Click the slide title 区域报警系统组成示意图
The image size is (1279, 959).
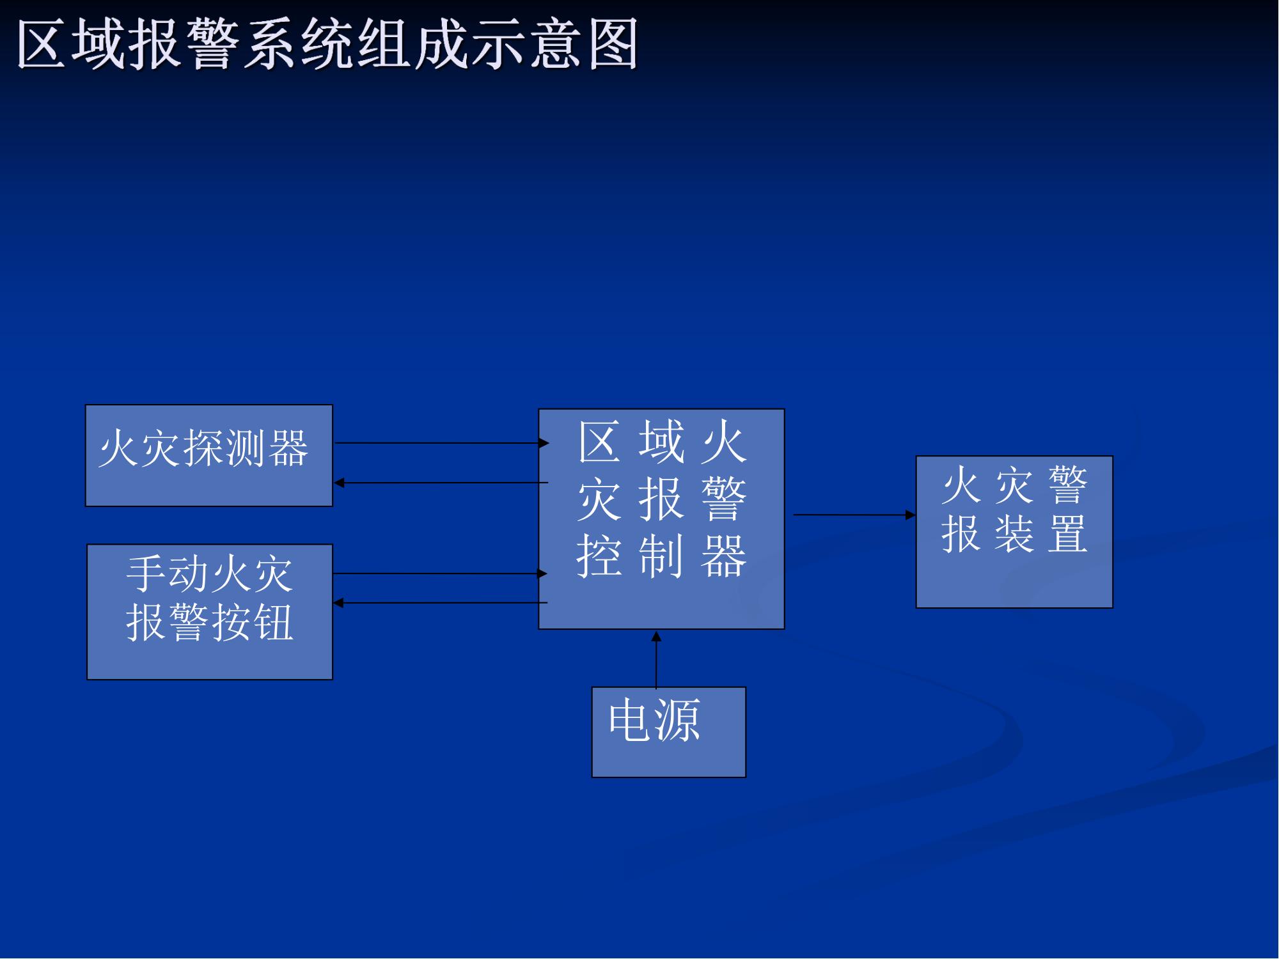click(327, 43)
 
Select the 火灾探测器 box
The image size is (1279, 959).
click(209, 455)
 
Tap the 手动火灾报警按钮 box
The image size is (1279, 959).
click(210, 612)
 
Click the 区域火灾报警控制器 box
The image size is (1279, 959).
click(661, 519)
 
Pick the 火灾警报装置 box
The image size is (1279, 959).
click(1014, 532)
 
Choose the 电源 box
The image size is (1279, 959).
click(669, 732)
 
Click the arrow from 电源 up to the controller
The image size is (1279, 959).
click(656, 659)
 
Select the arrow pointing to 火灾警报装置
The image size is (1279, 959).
click(854, 515)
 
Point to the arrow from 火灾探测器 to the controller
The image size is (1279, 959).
click(442, 442)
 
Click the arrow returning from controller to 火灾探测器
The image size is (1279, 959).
click(441, 483)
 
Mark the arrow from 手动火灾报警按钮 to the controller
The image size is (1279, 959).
click(441, 573)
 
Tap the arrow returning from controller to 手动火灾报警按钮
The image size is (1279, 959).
click(441, 602)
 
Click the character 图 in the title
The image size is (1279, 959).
click(613, 43)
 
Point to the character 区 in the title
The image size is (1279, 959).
click(42, 43)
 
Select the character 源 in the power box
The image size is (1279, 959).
click(678, 720)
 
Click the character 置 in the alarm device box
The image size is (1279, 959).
click(1067, 534)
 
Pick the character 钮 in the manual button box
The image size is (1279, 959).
click(273, 622)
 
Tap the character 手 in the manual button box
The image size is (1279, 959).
click(146, 573)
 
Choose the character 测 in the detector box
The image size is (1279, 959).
click(247, 448)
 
